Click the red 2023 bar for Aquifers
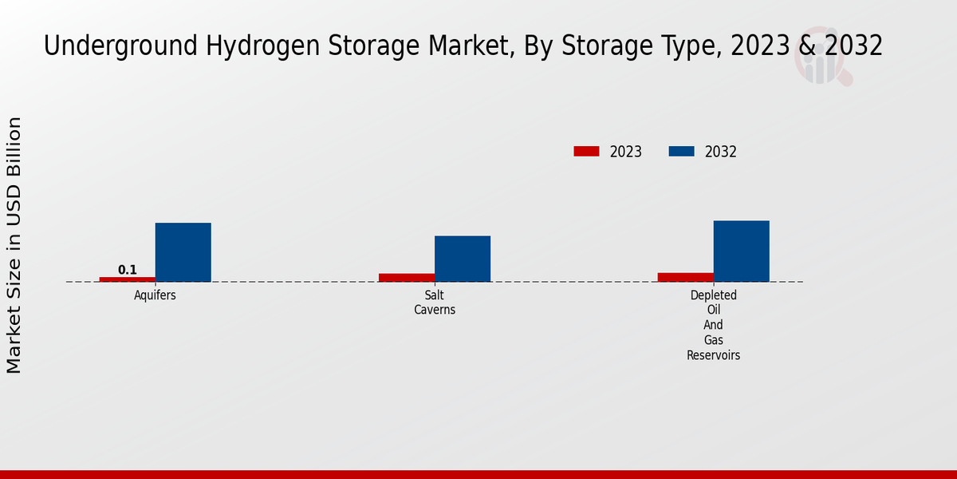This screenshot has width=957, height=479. [127, 279]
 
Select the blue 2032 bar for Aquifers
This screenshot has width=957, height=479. [183, 251]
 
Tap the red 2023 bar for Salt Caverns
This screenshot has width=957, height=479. [406, 277]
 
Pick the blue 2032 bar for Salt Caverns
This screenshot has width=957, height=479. [462, 258]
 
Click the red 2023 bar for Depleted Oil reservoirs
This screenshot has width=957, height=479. [685, 276]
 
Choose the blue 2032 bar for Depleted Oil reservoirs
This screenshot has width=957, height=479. [741, 251]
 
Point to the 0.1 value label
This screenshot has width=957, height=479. [128, 270]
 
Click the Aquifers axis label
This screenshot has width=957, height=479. [155, 295]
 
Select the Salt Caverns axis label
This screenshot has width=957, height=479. [434, 303]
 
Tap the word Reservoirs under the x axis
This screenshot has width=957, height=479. [713, 355]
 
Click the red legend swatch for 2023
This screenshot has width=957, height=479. [586, 152]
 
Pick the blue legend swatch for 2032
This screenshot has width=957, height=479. [680, 152]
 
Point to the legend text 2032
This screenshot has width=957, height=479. [720, 152]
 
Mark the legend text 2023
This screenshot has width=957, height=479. [626, 152]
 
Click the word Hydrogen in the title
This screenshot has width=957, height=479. [246, 47]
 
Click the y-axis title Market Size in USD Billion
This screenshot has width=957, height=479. [14, 245]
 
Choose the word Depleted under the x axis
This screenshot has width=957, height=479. [713, 295]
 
